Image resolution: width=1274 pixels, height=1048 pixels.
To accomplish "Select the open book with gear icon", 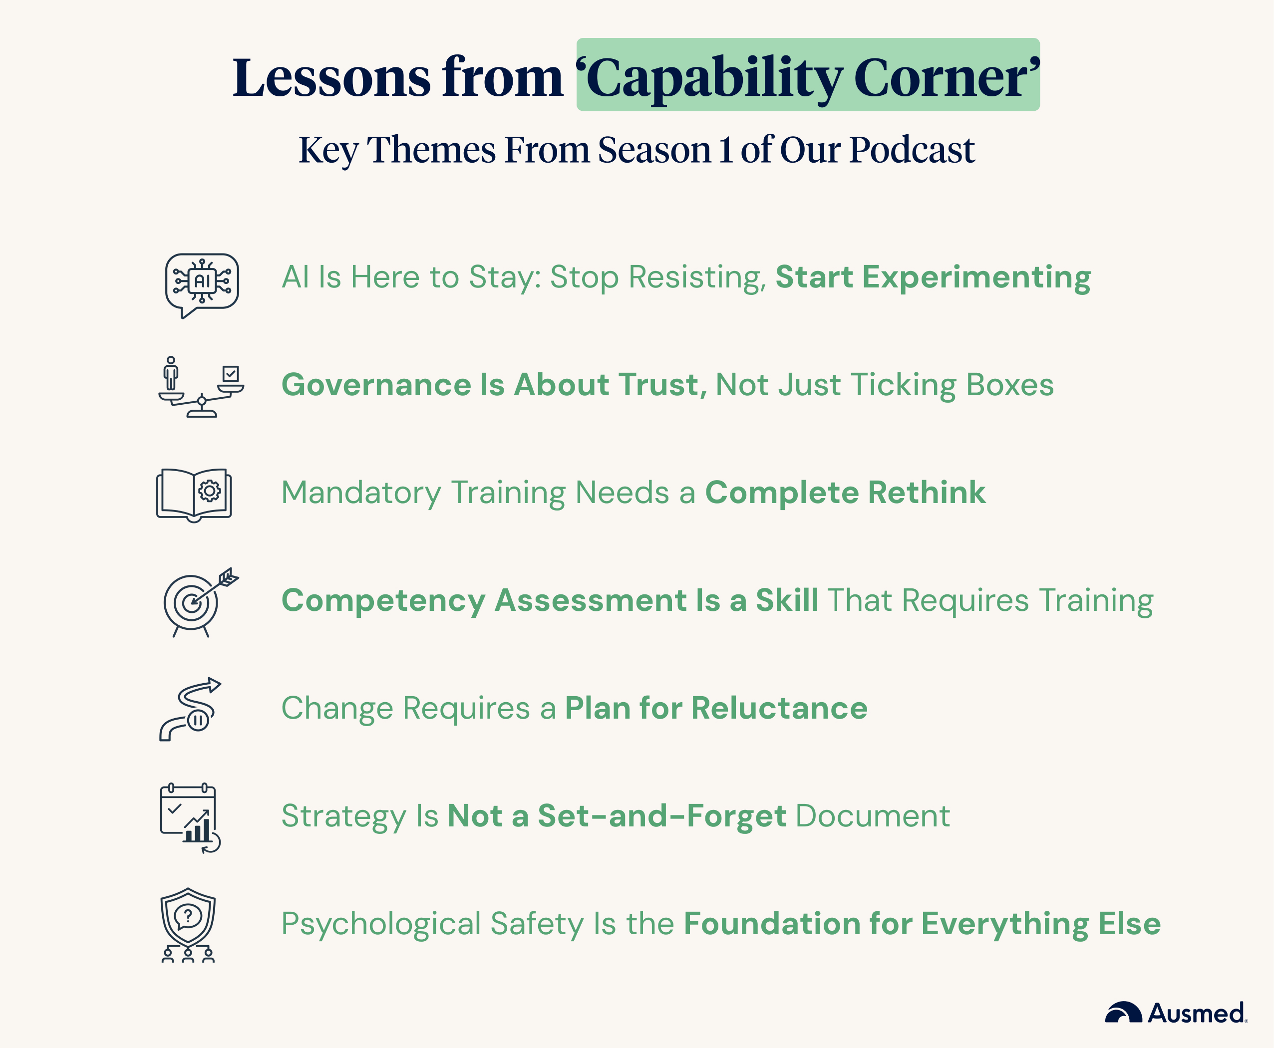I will (194, 495).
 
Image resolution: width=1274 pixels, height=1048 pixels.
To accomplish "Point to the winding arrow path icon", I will (190, 709).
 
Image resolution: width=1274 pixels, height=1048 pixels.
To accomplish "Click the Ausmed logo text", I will (1196, 1014).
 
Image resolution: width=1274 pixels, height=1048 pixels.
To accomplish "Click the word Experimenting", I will (976, 277).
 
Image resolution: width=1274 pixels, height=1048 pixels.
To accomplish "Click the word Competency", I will (383, 601).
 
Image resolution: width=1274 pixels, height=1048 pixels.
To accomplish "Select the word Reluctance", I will (779, 708).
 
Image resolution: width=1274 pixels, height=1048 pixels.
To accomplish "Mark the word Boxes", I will (1009, 385).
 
